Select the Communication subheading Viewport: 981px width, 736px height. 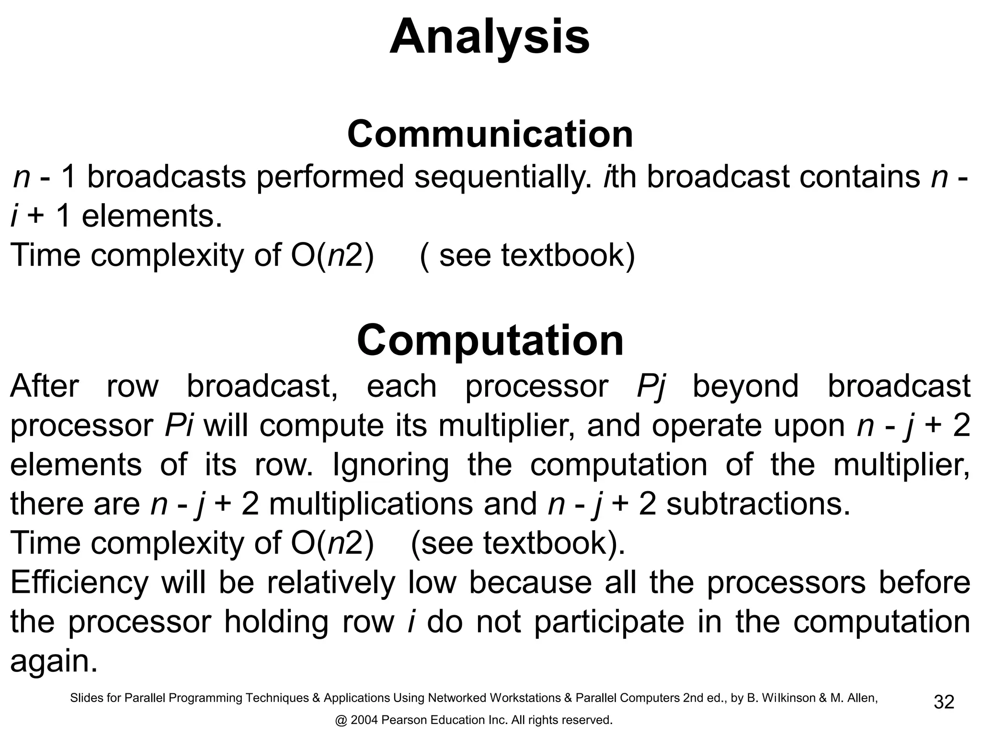[x=490, y=134]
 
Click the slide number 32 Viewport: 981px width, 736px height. [x=944, y=702]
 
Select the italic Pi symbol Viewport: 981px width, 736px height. [x=179, y=425]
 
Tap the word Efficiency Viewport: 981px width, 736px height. [x=80, y=583]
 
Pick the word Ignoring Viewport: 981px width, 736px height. [x=390, y=465]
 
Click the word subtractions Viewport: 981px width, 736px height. [x=758, y=504]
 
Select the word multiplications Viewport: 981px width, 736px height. [x=371, y=504]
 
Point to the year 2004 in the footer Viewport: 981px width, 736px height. [x=364, y=720]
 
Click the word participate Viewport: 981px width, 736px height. [x=609, y=622]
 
